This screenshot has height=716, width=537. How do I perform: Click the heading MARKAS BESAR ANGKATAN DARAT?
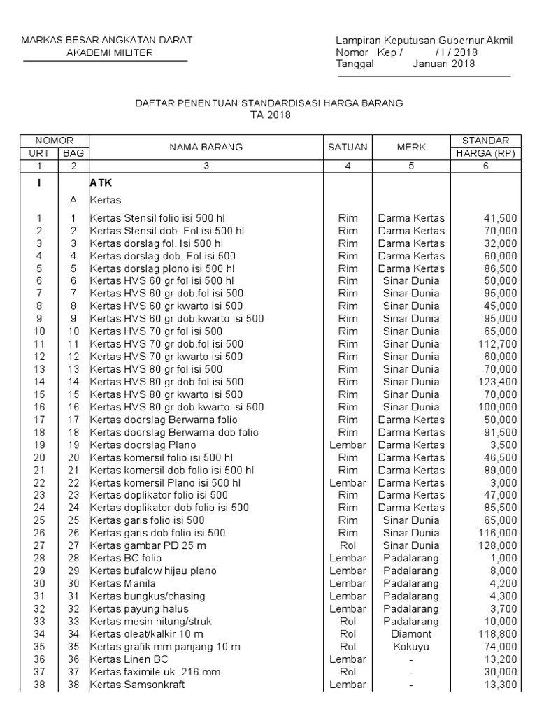point(106,40)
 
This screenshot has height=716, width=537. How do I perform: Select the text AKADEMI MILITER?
point(106,52)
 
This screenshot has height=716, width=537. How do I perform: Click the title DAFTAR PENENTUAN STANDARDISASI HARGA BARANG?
point(268,103)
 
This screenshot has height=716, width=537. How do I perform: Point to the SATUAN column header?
point(348,147)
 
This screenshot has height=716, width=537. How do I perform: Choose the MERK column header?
point(411,147)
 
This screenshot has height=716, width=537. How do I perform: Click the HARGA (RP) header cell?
point(485,153)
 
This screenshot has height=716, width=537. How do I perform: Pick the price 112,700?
point(498,343)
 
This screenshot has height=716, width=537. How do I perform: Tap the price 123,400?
point(498,381)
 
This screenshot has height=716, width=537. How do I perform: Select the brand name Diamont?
point(411,633)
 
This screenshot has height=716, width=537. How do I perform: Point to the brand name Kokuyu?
point(411,646)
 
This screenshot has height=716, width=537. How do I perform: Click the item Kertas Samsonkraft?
point(137,684)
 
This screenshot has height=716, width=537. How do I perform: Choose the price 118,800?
point(498,633)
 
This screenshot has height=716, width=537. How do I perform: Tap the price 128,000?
point(498,545)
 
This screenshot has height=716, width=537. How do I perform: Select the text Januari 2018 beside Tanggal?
point(443,64)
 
